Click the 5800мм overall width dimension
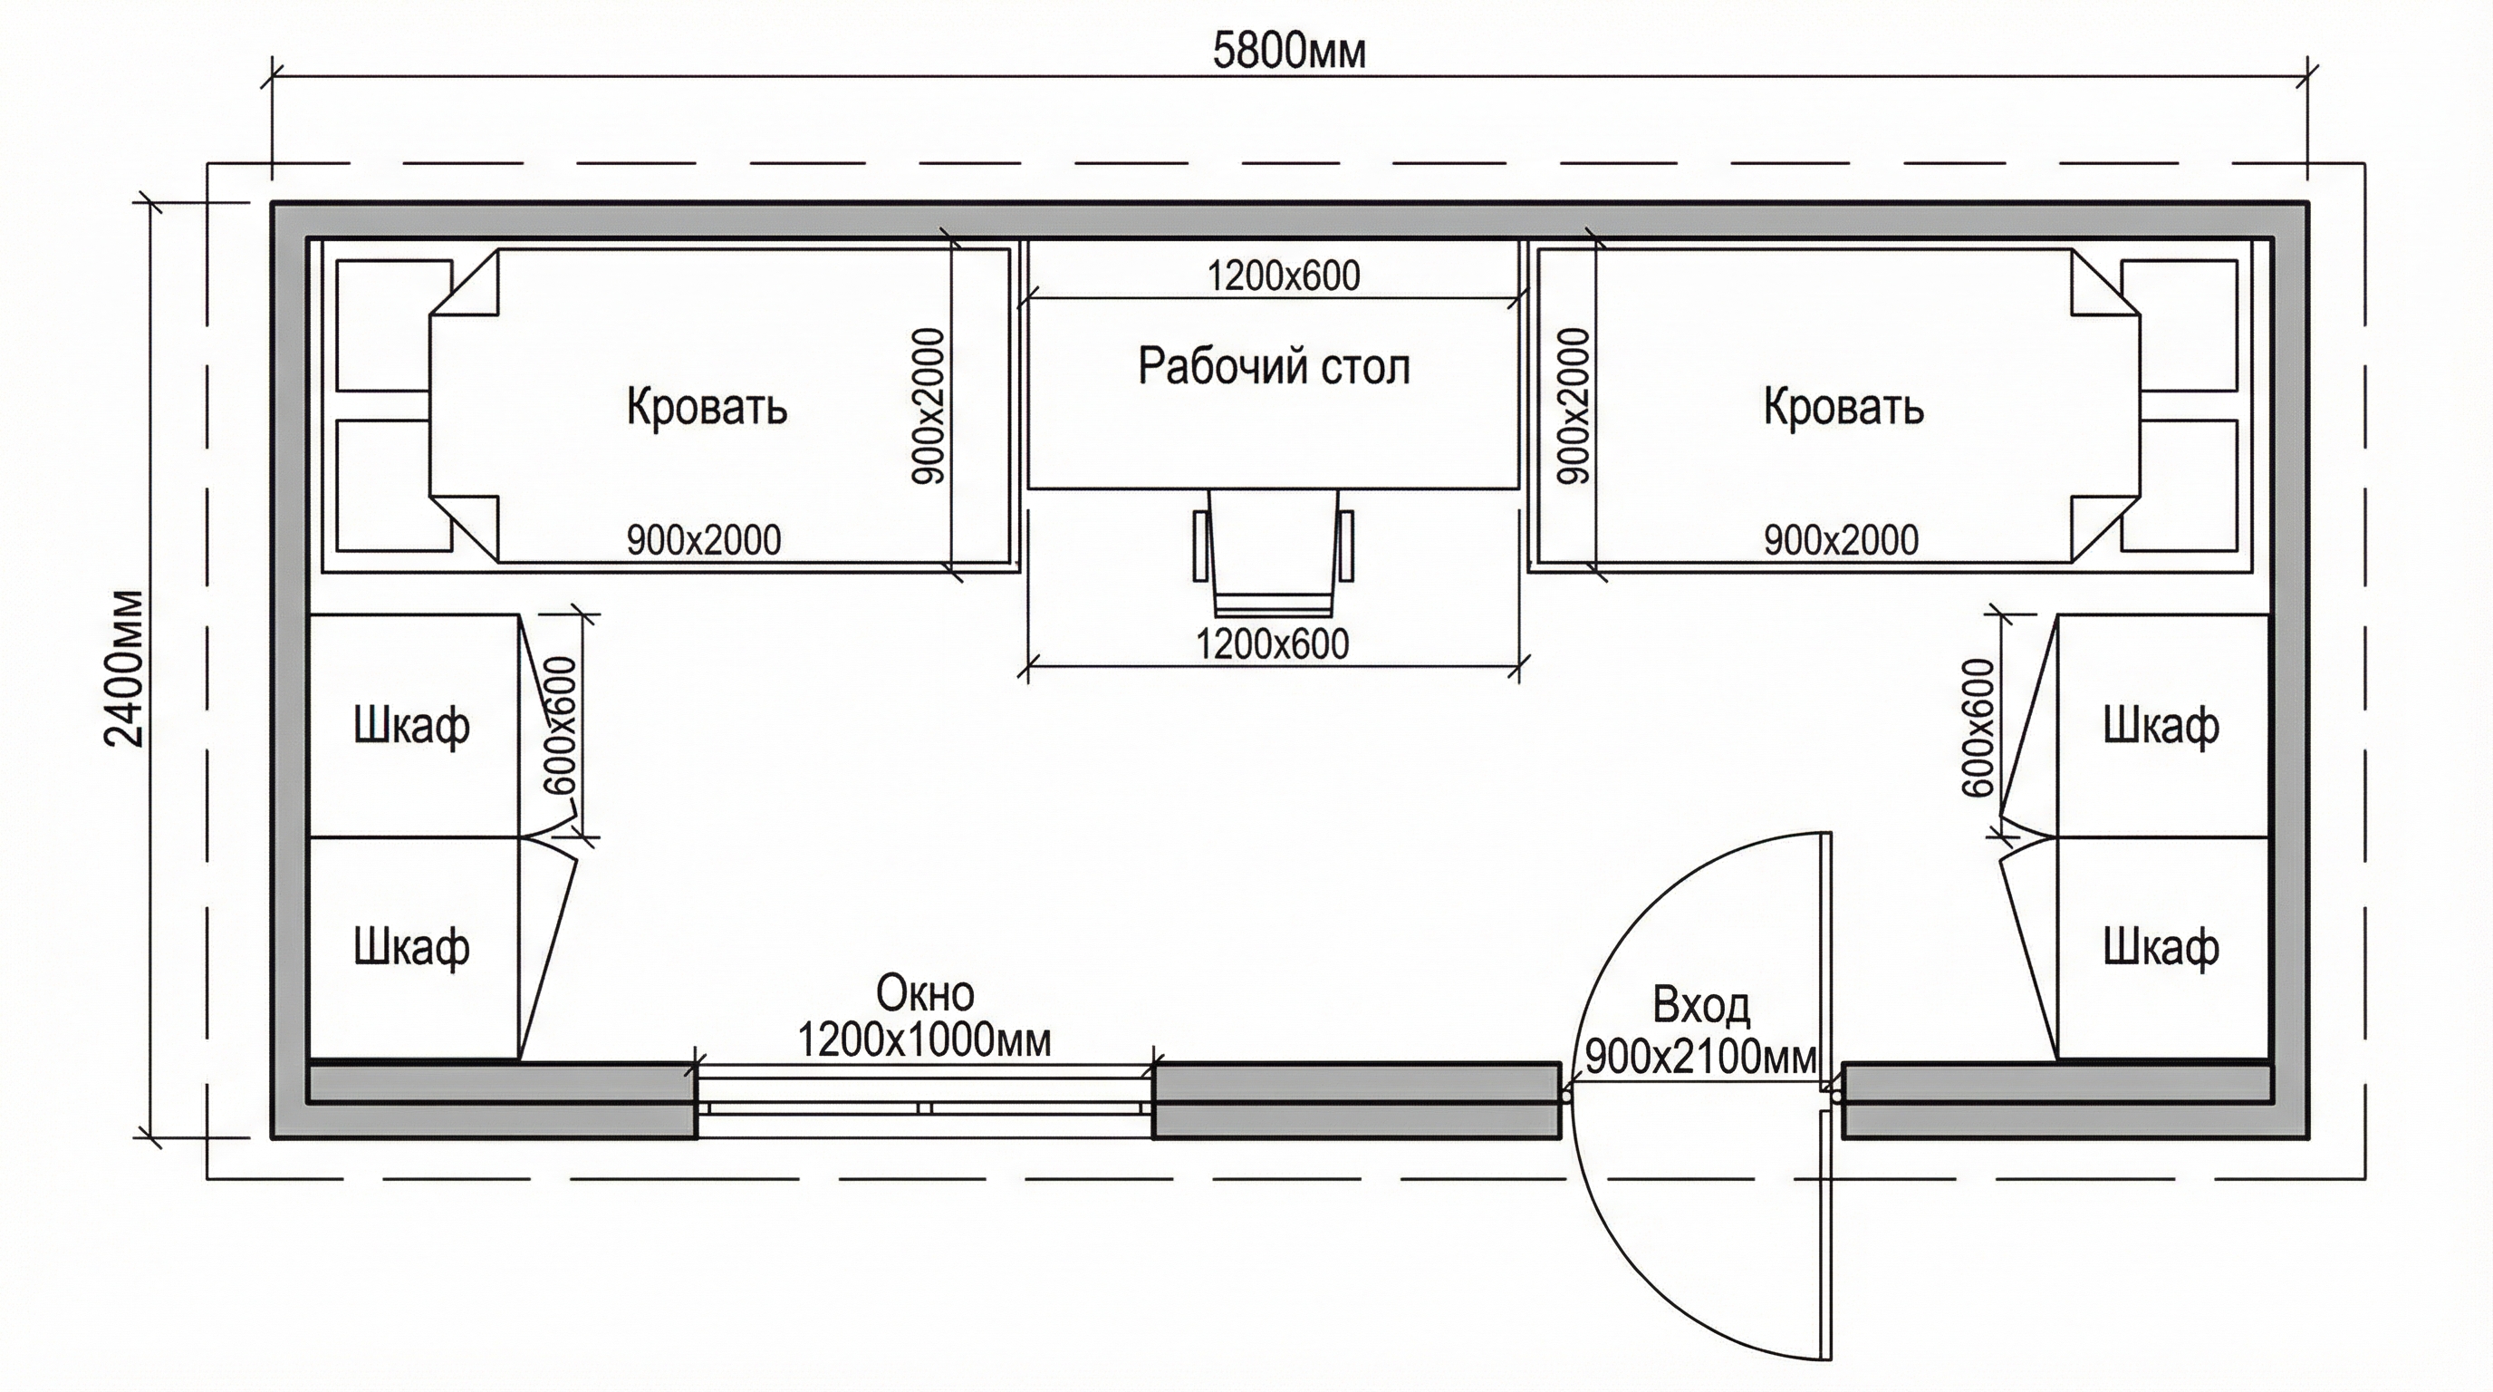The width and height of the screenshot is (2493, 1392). click(1289, 53)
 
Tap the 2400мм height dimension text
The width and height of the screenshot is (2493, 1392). click(125, 668)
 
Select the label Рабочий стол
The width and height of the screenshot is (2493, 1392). click(1274, 366)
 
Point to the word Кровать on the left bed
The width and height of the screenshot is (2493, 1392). click(707, 407)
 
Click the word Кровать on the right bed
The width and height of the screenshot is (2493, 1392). click(1843, 407)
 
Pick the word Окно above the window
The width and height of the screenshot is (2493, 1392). click(924, 993)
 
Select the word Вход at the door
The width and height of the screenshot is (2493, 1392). click(1700, 1006)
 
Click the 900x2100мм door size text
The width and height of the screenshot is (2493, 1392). click(1700, 1057)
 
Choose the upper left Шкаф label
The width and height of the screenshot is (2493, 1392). click(411, 725)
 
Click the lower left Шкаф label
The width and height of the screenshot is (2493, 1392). click(411, 946)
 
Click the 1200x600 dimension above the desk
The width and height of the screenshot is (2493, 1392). click(1284, 276)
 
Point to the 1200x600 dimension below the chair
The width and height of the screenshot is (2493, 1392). click(1272, 644)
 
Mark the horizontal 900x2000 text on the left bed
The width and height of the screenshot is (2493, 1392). click(704, 539)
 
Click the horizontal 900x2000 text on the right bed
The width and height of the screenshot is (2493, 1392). click(1841, 539)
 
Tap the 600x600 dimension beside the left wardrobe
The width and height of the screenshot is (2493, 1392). click(562, 725)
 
